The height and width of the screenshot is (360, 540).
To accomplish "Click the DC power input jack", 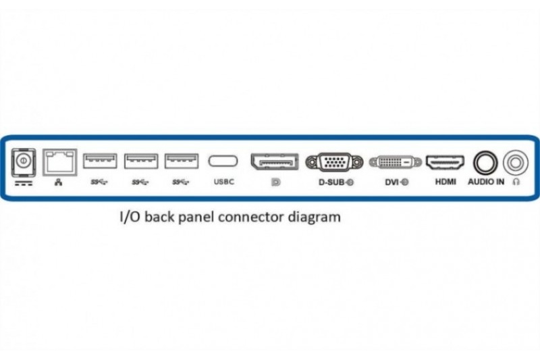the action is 24,162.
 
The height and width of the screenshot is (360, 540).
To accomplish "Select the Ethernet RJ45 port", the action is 59,162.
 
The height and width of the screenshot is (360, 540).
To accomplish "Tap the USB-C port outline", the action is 223,161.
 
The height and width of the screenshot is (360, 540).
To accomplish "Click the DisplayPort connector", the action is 275,161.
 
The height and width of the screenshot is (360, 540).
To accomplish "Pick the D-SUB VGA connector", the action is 334,162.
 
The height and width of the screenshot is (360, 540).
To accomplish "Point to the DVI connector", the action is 396,162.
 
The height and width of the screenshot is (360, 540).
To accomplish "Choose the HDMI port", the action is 445,162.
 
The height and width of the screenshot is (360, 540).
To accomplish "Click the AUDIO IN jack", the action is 485,163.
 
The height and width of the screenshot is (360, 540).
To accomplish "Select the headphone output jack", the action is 515,162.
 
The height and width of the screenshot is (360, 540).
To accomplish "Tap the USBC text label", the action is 224,182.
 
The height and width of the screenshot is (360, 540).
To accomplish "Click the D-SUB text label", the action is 332,182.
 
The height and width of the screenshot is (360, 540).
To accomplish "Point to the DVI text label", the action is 391,182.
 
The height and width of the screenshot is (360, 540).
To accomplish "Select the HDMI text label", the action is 446,182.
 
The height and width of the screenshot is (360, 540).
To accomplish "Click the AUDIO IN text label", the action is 486,182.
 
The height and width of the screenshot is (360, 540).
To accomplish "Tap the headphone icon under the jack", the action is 516,182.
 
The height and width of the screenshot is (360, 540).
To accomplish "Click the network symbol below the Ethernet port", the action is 59,182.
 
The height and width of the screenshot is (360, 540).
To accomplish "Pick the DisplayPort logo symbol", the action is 275,182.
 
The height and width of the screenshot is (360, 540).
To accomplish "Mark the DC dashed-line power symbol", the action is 24,183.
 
